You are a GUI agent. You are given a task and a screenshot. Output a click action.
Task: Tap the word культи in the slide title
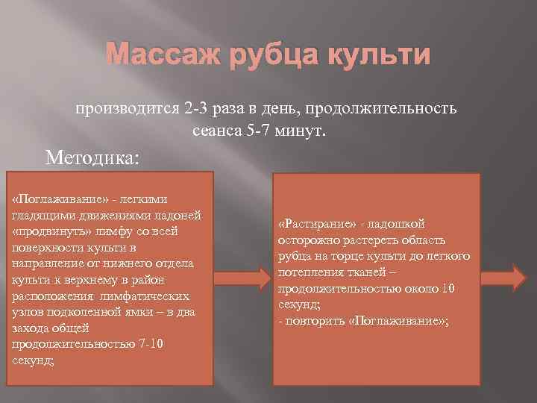coord(384,57)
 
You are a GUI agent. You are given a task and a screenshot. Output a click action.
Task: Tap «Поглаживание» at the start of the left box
coord(52,199)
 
